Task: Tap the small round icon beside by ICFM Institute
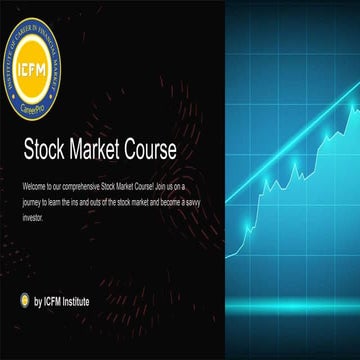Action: (24, 300)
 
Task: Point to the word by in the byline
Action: (38, 300)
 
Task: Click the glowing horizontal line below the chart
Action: (290, 301)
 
